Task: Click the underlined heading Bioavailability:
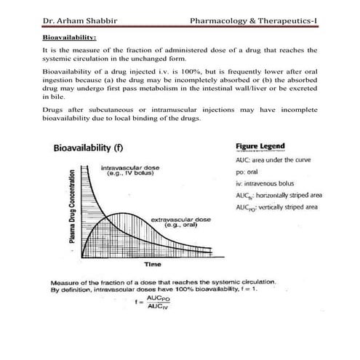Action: click(70, 36)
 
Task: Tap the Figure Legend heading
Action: click(260, 145)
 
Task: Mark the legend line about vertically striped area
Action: click(272, 208)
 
